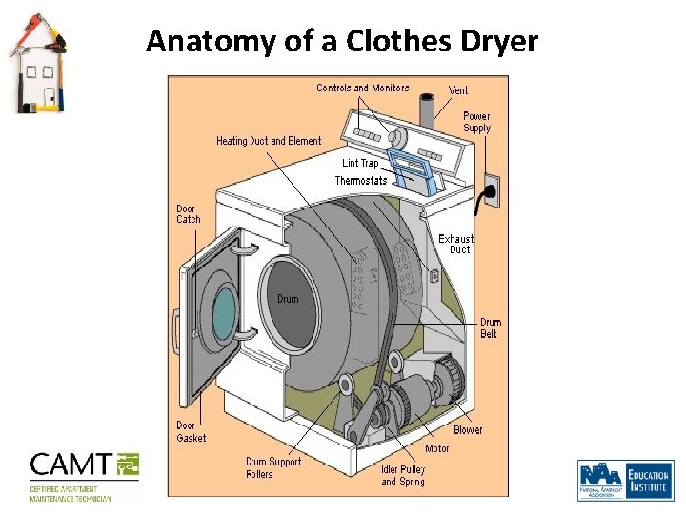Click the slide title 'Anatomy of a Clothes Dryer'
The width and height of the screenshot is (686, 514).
[x=341, y=42]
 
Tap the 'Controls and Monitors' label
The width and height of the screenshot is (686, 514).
[x=362, y=88]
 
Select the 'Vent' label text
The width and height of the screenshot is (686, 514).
[x=458, y=90]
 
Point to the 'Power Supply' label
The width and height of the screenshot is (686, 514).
[x=476, y=122]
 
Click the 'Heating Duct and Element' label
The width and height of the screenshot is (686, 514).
[x=269, y=141]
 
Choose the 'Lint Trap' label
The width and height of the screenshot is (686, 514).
[x=360, y=164]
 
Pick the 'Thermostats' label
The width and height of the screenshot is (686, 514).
[x=361, y=181]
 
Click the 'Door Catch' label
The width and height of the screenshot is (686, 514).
[x=189, y=214]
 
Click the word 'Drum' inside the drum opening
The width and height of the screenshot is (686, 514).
[x=288, y=299]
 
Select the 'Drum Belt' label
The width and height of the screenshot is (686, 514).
[x=490, y=328]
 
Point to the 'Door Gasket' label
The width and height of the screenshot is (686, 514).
[x=191, y=431]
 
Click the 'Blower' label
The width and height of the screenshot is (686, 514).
[x=468, y=430]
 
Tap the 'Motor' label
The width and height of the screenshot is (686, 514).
[x=437, y=448]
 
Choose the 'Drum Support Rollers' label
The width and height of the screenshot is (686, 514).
[x=273, y=467]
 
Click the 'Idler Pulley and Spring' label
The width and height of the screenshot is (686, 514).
[x=403, y=475]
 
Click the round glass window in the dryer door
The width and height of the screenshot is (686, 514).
[x=224, y=314]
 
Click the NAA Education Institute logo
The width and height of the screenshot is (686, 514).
[x=624, y=480]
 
